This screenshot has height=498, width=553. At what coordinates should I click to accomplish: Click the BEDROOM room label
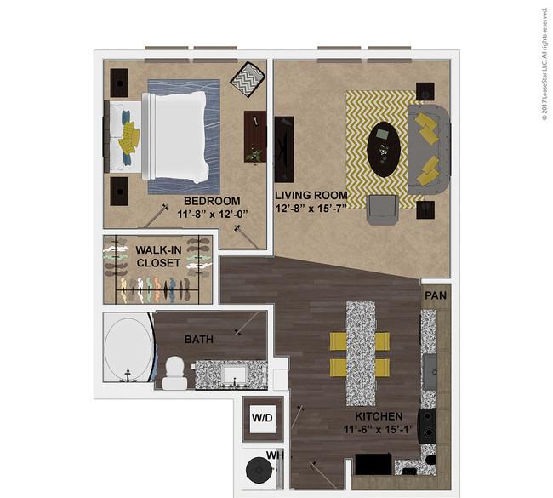pos(212,201)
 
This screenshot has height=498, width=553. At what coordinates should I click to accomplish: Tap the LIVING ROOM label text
pos(311,195)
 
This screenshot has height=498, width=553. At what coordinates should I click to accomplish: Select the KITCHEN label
pos(379,416)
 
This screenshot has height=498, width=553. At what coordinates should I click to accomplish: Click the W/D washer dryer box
pos(263,418)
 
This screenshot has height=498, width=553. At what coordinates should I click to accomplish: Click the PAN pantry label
pos(436,295)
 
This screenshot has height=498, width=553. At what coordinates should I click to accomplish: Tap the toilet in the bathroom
pos(175,373)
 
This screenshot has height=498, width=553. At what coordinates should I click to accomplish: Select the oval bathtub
pos(129,348)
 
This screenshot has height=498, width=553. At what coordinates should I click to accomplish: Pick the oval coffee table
pos(384,150)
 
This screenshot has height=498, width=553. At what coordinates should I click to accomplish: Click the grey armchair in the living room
pos(383,209)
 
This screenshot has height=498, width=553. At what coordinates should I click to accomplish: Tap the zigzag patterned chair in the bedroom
pos(248,79)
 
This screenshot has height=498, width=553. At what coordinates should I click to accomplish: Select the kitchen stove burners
pos(427,426)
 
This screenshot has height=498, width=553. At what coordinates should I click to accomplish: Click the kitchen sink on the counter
pos(430,372)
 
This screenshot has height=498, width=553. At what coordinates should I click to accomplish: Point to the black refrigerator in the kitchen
pos(373,465)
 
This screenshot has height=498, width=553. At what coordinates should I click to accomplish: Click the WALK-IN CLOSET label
pos(158,256)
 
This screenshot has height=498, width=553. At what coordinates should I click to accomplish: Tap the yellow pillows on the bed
pos(128,138)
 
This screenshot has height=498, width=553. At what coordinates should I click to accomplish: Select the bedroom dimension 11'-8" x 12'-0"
pos(213,215)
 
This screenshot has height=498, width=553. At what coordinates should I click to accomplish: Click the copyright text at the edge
pos(545,64)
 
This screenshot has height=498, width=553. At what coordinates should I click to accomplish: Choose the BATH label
pos(199,340)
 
